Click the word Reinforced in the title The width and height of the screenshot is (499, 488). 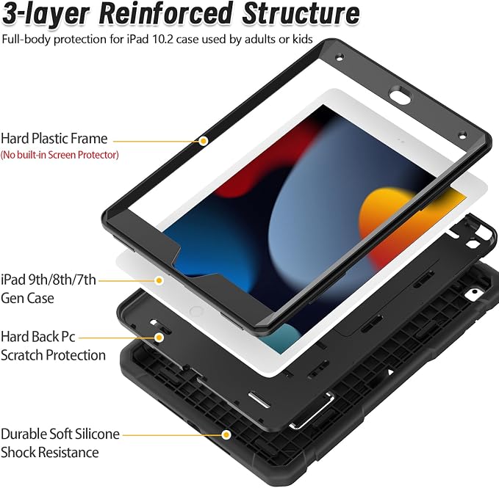(x=165, y=13)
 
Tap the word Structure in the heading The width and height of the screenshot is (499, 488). (x=301, y=13)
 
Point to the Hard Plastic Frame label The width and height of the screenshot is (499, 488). (x=54, y=139)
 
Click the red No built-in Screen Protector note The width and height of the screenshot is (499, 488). (x=60, y=155)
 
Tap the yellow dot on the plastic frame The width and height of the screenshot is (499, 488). (x=204, y=141)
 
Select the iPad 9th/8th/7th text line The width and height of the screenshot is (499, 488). (x=49, y=280)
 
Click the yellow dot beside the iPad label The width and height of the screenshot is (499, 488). (x=159, y=280)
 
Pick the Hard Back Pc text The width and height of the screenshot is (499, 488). (x=38, y=337)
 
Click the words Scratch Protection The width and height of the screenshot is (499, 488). (x=53, y=355)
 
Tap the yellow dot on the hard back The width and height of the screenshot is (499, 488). (x=159, y=338)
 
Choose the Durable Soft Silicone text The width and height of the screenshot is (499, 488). (x=60, y=434)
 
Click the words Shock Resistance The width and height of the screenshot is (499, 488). (x=50, y=453)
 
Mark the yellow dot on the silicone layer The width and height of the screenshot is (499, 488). (x=226, y=434)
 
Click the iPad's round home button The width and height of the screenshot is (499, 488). (x=196, y=311)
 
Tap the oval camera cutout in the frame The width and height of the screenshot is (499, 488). (x=400, y=95)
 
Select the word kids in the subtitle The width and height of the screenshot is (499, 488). (x=302, y=39)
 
